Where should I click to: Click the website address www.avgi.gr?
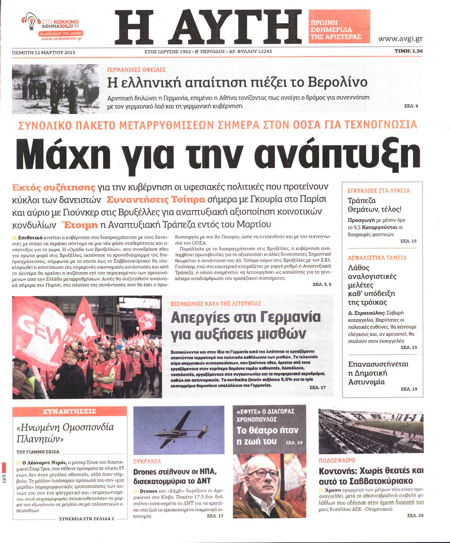click(400, 38)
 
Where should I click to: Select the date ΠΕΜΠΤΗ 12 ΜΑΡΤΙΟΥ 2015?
click(44, 52)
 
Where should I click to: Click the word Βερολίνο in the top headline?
click(337, 82)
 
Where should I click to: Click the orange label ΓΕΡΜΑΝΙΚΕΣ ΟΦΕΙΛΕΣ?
click(136, 69)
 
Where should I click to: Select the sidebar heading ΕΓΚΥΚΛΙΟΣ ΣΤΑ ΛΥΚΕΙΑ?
click(379, 190)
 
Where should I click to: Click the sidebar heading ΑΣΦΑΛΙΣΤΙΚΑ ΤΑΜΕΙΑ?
click(377, 258)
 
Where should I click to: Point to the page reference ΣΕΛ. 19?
click(409, 389)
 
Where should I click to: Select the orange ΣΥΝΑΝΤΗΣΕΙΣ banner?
click(70, 411)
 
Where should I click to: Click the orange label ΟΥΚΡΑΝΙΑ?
click(147, 461)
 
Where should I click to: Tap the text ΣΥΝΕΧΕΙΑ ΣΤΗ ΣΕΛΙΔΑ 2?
click(86, 518)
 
